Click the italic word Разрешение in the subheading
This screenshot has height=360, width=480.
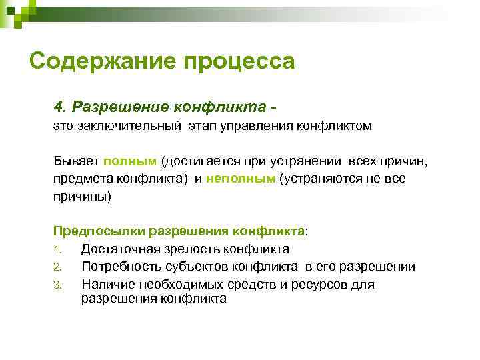120,107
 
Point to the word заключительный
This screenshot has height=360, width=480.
127,126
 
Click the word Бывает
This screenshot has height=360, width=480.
76,161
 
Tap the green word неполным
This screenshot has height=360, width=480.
241,179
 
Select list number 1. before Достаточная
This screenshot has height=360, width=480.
57,250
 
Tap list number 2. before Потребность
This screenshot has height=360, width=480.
58,267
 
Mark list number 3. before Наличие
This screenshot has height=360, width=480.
58,285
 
